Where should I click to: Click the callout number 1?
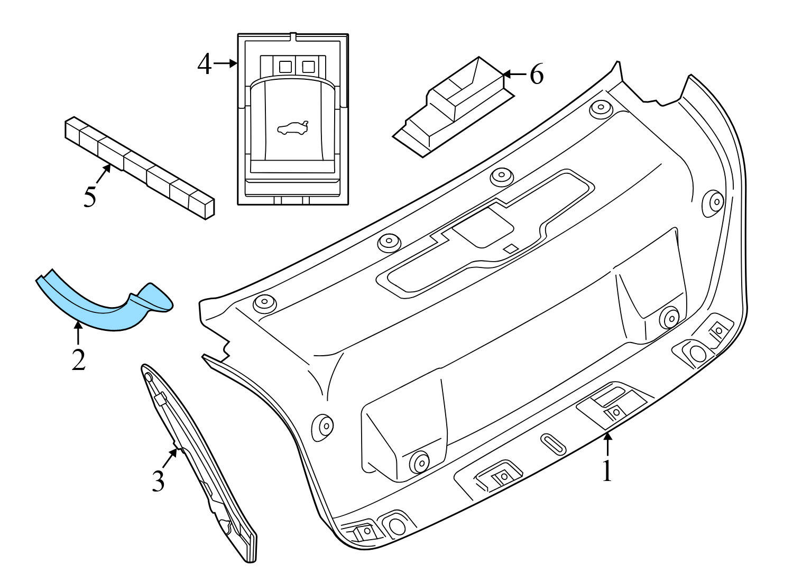(607, 471)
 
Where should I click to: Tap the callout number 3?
(158, 480)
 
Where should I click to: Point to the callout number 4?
(205, 64)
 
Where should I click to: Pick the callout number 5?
(90, 197)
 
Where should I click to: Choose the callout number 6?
(536, 75)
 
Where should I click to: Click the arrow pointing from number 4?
(226, 64)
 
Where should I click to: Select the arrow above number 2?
(78, 334)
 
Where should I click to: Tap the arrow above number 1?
(607, 444)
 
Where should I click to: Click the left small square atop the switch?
(285, 66)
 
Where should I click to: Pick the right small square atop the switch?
(308, 66)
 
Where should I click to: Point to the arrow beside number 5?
(103, 175)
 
